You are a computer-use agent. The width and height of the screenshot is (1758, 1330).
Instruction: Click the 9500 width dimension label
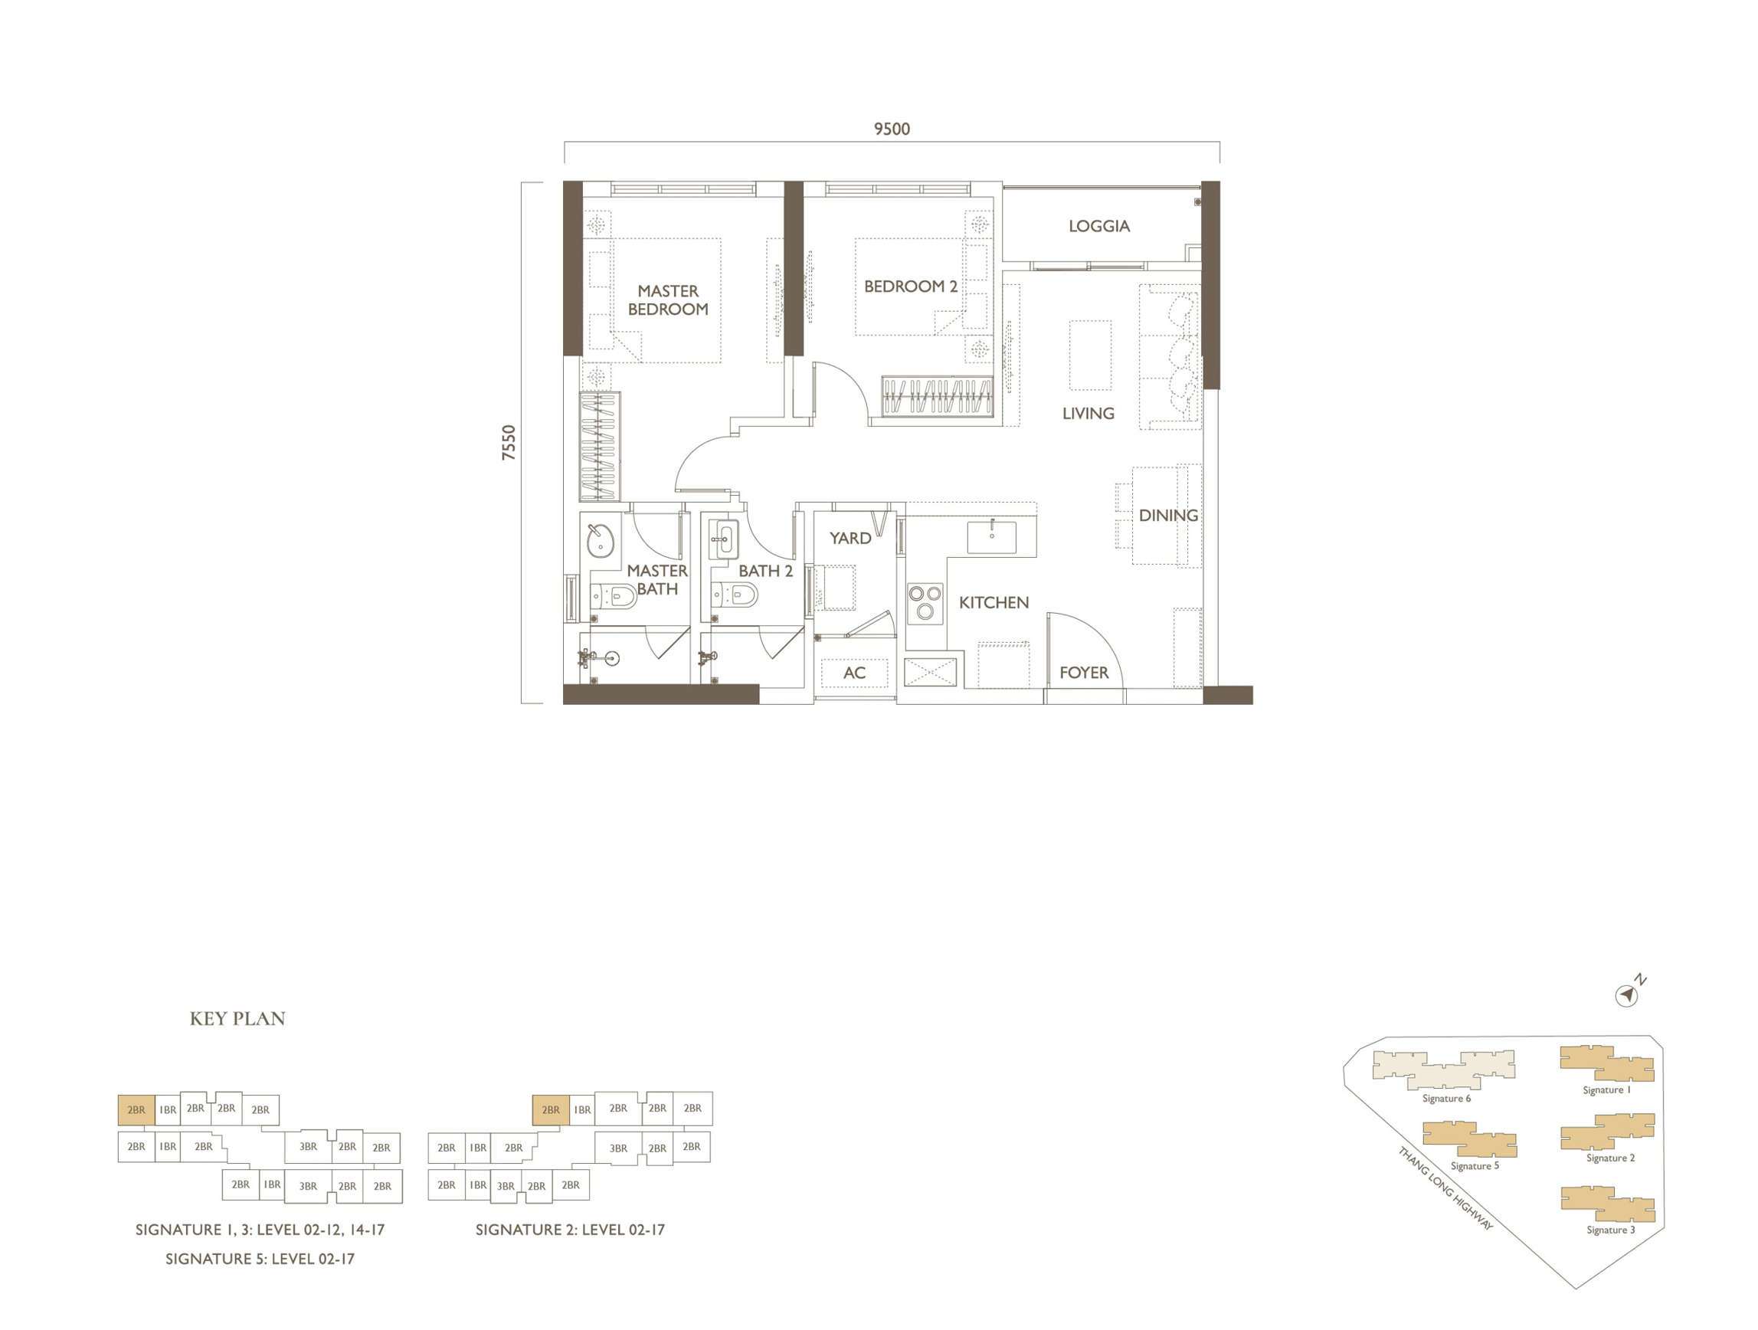[x=892, y=129]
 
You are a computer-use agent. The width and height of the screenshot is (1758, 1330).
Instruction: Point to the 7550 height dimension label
[x=509, y=443]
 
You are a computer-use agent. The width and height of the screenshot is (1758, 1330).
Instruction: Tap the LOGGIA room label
[x=1098, y=227]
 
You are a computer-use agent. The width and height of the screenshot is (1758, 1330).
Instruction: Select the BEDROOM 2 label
[x=910, y=287]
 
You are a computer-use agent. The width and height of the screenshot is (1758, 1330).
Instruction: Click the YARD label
[x=850, y=538]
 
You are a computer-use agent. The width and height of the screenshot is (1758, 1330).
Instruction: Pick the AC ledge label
[x=853, y=673]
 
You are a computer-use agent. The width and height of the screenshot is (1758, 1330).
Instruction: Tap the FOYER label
[x=1083, y=673]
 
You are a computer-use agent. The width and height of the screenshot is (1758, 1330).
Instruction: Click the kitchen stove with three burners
[x=925, y=602]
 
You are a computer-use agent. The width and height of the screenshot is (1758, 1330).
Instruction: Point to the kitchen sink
[x=991, y=536]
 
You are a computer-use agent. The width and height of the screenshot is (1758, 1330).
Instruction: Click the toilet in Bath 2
[x=736, y=594]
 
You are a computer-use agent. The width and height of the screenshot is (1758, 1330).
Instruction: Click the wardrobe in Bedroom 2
[x=937, y=396]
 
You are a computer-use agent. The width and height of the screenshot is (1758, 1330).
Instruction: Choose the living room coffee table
[x=1089, y=355]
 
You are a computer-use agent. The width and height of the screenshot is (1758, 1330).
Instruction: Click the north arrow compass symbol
[x=1626, y=994]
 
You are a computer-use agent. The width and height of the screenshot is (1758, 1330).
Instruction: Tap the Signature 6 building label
[x=1445, y=1099]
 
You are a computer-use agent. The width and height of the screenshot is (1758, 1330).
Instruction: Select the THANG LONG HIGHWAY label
[x=1445, y=1187]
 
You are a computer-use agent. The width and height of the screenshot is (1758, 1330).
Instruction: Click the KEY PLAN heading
[x=237, y=1018]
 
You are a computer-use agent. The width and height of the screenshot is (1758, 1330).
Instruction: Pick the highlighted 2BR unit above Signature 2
[x=550, y=1110]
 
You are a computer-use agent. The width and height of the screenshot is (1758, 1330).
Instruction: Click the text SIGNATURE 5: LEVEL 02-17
[x=260, y=1259]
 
